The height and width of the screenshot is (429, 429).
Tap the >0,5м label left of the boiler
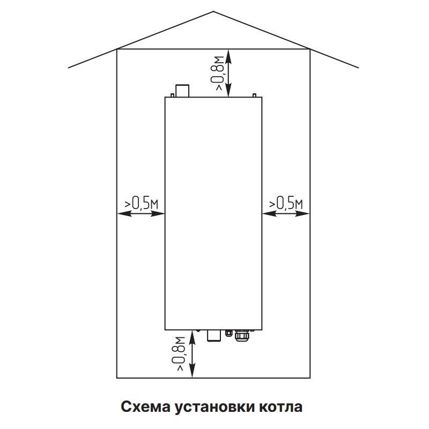pos(141,203)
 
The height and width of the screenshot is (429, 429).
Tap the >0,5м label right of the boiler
pos(286,203)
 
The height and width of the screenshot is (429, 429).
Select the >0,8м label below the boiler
pos(181,353)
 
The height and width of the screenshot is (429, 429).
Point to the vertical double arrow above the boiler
pos(230,73)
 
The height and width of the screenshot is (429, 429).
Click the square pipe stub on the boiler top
pos(183,91)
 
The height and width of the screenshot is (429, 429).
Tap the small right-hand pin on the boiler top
pos(254,95)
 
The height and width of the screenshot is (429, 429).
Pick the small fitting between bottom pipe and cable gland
pos(229,332)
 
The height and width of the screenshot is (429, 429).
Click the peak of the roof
pos(214,11)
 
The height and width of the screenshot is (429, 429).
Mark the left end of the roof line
pos(69,68)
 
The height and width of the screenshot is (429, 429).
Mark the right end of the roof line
pos(359,68)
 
